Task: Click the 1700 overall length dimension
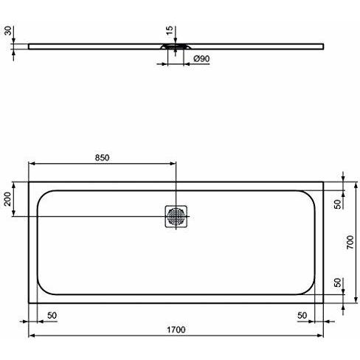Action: pyautogui.click(x=176, y=330)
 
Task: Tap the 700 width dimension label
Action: pyautogui.click(x=350, y=242)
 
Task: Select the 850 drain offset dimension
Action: pyautogui.click(x=102, y=158)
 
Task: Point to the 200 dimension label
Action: pyautogui.click(x=7, y=199)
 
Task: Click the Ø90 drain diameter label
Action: pyautogui.click(x=201, y=59)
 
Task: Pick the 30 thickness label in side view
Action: pyautogui.click(x=8, y=31)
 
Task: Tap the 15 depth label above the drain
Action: pyautogui.click(x=170, y=30)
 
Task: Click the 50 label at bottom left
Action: pyautogui.click(x=52, y=315)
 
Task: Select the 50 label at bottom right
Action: pyautogui.click(x=302, y=315)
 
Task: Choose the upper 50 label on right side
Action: pyautogui.click(x=338, y=204)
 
